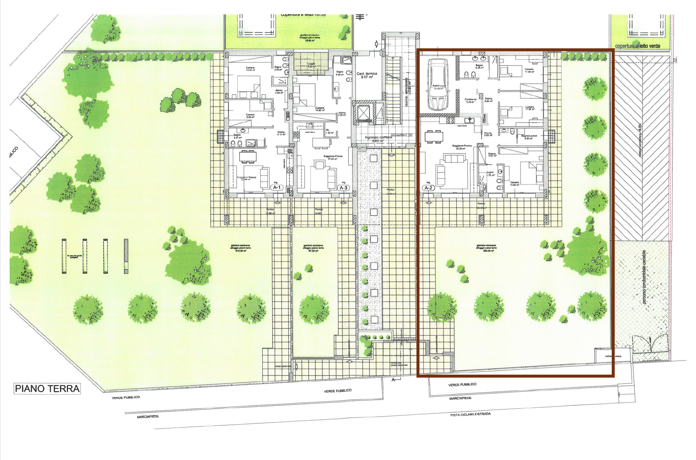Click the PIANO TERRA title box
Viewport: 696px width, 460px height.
[x=47, y=389]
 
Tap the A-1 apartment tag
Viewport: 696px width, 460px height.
[x=277, y=187]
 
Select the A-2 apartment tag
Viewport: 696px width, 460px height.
[x=428, y=188]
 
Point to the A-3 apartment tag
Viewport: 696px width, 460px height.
[x=343, y=188]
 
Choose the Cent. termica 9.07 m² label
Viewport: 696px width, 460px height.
[x=367, y=76]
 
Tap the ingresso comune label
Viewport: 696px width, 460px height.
[x=378, y=139]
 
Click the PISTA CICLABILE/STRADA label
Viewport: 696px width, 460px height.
[x=470, y=415]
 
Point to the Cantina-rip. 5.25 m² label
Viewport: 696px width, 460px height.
[x=471, y=101]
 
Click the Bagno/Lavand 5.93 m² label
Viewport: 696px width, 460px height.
[x=529, y=137]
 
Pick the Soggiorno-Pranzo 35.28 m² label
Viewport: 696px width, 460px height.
[x=462, y=147]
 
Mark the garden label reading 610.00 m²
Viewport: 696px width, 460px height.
[x=240, y=248]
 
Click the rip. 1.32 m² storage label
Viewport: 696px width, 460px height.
[x=329, y=131]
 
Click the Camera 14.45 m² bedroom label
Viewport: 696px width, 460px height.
[x=250, y=69]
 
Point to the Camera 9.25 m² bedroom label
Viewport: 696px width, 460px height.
[x=250, y=116]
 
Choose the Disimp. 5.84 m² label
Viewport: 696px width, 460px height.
[x=489, y=100]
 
